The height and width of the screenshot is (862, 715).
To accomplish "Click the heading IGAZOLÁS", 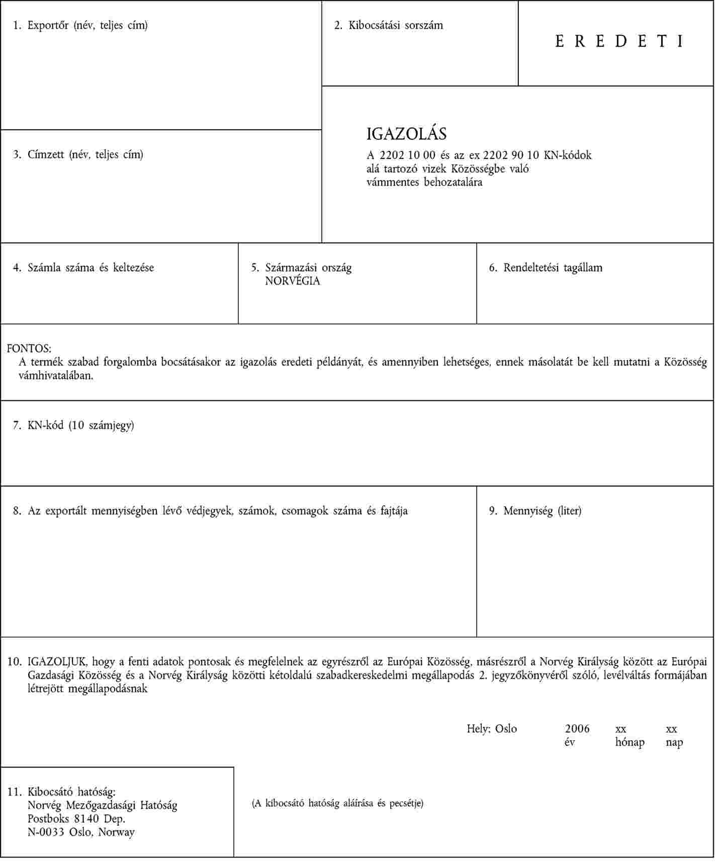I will (406, 134).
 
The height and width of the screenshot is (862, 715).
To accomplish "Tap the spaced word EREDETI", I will (619, 41).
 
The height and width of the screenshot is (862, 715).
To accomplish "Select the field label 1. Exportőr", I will (80, 25).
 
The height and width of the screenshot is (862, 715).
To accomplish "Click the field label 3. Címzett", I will (78, 154).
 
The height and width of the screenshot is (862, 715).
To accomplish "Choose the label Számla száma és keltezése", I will (91, 268).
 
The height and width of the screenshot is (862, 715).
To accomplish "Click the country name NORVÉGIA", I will (292, 281).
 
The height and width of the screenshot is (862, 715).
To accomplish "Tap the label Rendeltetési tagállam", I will (552, 268).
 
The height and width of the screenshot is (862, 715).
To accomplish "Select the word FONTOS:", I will (29, 349).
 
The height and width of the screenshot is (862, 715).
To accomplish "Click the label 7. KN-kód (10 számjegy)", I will (74, 425).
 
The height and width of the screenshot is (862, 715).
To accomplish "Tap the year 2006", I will (577, 729).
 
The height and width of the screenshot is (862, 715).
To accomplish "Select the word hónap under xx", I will (630, 742).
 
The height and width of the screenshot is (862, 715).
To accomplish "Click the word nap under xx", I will (674, 742).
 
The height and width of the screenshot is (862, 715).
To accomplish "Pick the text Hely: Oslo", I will (491, 729).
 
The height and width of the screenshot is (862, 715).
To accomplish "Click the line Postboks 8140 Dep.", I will (76, 819).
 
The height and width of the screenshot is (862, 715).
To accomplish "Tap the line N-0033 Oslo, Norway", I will (81, 832).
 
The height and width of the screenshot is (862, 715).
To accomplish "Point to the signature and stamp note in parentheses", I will (337, 803).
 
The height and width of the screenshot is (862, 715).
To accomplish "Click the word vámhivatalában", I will (56, 375).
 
